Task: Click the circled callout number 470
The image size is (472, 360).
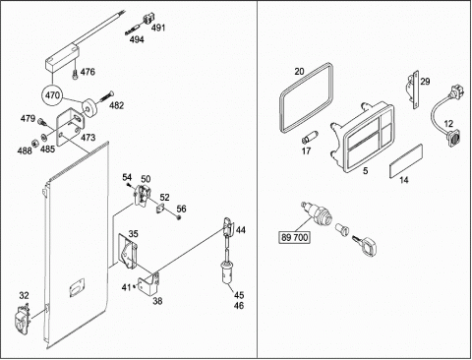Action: click(52, 95)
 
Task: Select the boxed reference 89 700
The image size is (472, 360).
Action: click(295, 237)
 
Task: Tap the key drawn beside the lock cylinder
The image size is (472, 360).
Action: click(365, 244)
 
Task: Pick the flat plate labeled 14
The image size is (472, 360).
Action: click(405, 161)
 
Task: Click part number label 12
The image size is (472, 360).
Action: click(448, 124)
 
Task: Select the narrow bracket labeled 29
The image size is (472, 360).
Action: click(413, 90)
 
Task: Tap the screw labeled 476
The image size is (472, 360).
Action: click(75, 74)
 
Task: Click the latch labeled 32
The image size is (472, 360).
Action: click(22, 319)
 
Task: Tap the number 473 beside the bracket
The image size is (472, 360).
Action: click(88, 138)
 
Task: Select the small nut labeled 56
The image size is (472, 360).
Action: click(179, 217)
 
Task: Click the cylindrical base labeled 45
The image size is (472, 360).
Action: click(226, 270)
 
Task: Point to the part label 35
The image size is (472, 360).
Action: click(133, 234)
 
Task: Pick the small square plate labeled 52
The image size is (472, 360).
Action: click(160, 209)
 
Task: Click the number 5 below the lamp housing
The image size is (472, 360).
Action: click(366, 170)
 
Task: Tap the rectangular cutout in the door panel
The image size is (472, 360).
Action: click(77, 287)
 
